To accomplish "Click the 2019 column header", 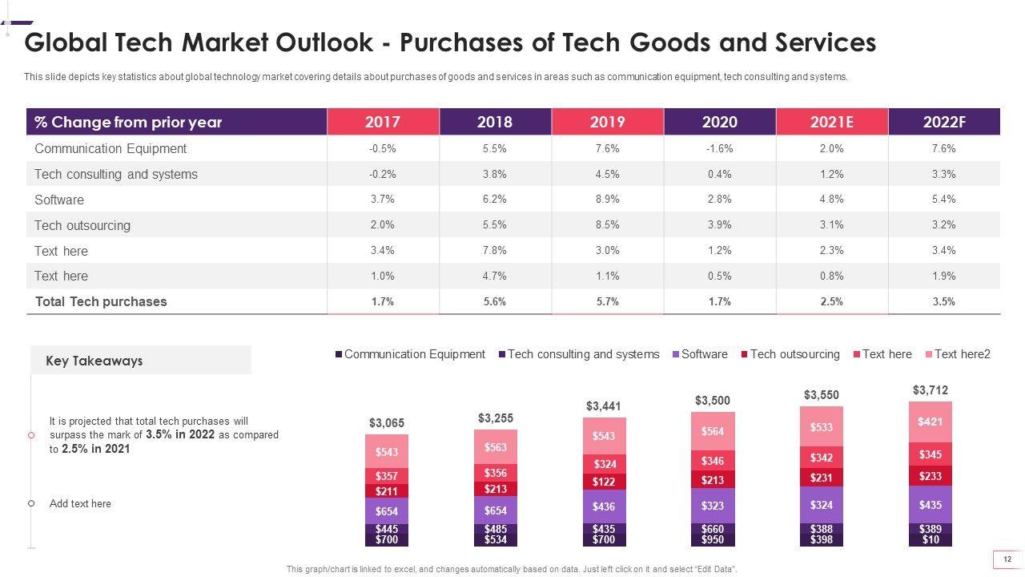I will (x=607, y=122).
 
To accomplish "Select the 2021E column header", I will (x=831, y=122).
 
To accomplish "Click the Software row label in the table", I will (x=59, y=200).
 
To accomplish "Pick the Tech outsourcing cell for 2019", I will (x=607, y=225).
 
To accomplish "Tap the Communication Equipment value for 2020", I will (x=719, y=148).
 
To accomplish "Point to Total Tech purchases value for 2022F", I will (x=943, y=301).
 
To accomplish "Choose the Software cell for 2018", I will (x=495, y=200).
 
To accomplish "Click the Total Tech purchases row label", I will (x=101, y=301).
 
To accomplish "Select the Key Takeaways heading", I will (x=94, y=361).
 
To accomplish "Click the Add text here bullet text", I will (x=80, y=503).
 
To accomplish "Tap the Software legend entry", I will (x=704, y=354).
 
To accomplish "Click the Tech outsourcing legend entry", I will (x=794, y=354).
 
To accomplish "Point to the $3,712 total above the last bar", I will (x=930, y=390).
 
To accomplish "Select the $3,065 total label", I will (x=386, y=422).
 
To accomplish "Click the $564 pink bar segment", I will (x=712, y=431).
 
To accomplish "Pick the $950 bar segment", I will (x=712, y=540).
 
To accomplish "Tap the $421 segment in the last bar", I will (x=930, y=422).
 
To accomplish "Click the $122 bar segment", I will (x=604, y=482).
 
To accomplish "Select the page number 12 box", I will (x=1007, y=559).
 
